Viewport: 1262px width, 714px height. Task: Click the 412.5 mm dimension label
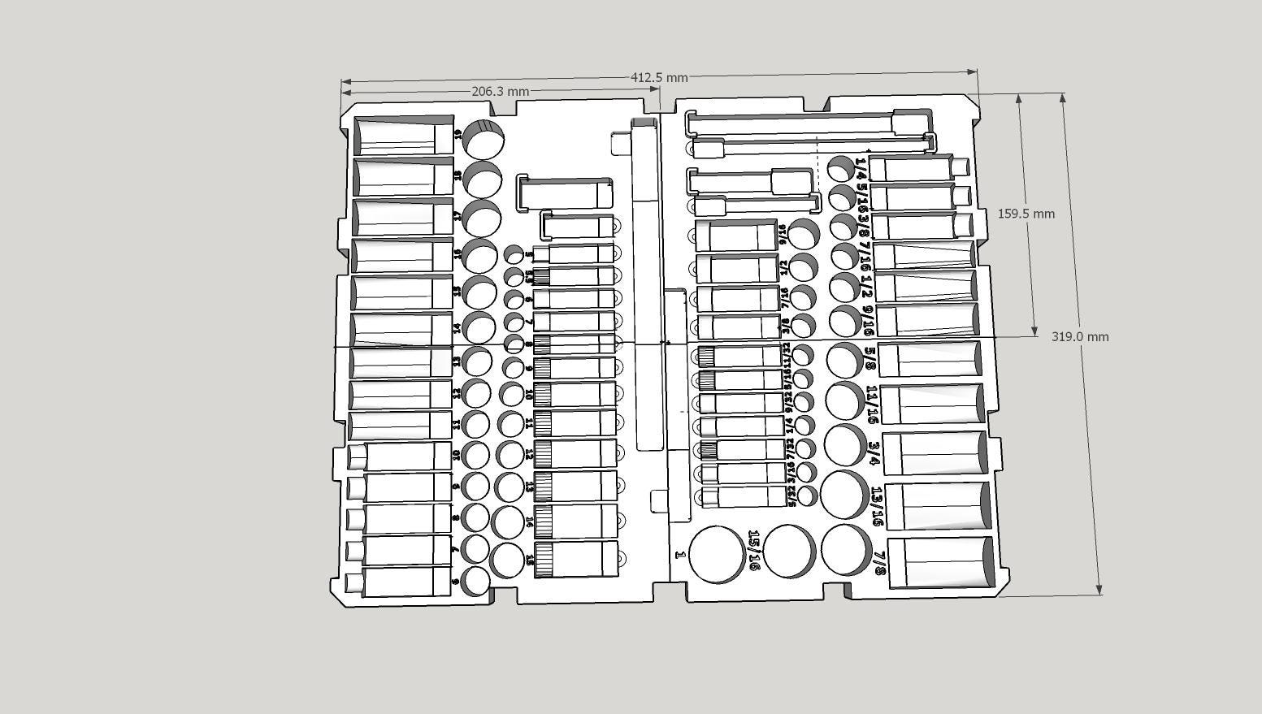pyautogui.click(x=659, y=78)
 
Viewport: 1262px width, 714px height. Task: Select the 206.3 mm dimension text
pyautogui.click(x=500, y=92)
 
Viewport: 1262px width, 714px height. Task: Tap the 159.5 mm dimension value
pyautogui.click(x=1026, y=214)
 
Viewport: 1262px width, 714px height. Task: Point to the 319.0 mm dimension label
pyautogui.click(x=1079, y=336)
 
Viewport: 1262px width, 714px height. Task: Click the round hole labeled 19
pyautogui.click(x=483, y=139)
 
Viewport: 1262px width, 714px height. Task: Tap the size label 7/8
pyautogui.click(x=878, y=562)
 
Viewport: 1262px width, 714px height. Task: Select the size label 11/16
pyautogui.click(x=872, y=404)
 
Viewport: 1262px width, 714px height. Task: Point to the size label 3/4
pyautogui.click(x=874, y=452)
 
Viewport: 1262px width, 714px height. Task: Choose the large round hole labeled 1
pyautogui.click(x=716, y=553)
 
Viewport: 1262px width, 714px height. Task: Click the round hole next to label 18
pyautogui.click(x=482, y=180)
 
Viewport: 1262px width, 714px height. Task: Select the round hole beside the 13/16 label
pyautogui.click(x=844, y=494)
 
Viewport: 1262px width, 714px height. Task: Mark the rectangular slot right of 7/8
pyautogui.click(x=941, y=562)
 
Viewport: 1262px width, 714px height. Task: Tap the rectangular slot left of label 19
pyautogui.click(x=404, y=136)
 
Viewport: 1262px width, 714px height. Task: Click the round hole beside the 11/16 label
pyautogui.click(x=845, y=400)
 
